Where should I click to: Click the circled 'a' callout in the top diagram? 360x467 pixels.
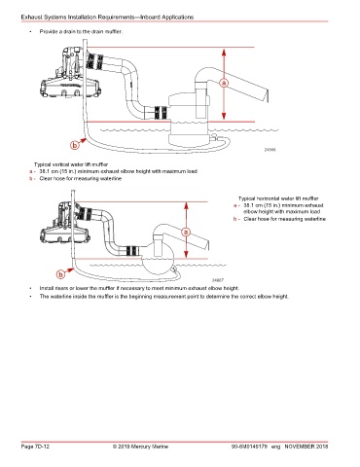coord(224,83)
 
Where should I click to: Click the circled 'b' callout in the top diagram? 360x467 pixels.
coord(75,145)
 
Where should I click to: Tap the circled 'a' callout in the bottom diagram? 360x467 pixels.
coord(186,232)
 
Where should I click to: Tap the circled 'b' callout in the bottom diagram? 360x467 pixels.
coord(60,275)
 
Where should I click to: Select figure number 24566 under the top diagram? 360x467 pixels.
coord(270,150)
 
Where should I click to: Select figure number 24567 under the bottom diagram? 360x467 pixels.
coord(218,280)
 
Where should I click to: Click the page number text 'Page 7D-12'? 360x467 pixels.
coord(35,447)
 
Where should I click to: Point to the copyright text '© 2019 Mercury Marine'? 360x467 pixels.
coord(140,447)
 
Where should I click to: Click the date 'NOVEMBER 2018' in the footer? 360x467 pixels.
coord(306,447)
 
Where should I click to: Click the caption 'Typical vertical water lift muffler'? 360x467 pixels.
coord(71,164)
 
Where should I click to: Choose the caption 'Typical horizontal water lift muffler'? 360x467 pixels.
coord(278,198)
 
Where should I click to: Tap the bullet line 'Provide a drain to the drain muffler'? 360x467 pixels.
coord(81,31)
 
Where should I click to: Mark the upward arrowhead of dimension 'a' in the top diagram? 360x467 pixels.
coord(224,52)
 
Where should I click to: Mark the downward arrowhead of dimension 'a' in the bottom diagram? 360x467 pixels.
coord(186,255)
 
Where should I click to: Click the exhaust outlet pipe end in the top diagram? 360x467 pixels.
coord(267,96)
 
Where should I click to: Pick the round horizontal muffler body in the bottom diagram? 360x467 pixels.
coord(159,262)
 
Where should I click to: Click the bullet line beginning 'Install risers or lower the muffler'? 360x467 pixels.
coord(139,288)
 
